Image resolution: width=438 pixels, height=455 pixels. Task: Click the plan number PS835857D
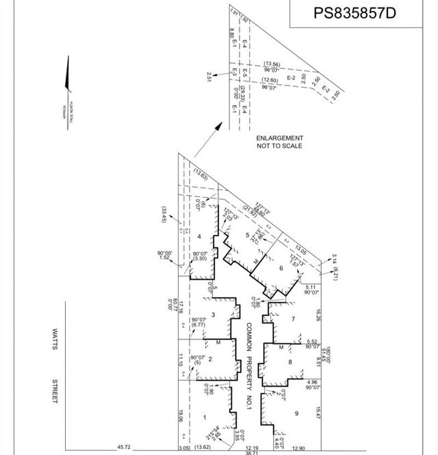pyautogui.click(x=355, y=13)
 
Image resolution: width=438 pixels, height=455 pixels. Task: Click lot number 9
pyautogui.click(x=296, y=413)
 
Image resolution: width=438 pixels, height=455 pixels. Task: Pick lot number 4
pyautogui.click(x=199, y=237)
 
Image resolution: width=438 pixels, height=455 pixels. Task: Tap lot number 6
pyautogui.click(x=281, y=268)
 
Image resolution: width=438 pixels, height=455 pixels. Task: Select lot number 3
pyautogui.click(x=214, y=315)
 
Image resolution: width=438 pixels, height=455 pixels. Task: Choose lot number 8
pyautogui.click(x=290, y=362)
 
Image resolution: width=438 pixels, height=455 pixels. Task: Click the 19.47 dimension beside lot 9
pyautogui.click(x=318, y=413)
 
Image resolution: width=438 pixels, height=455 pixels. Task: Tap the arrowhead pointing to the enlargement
pyautogui.click(x=219, y=125)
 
